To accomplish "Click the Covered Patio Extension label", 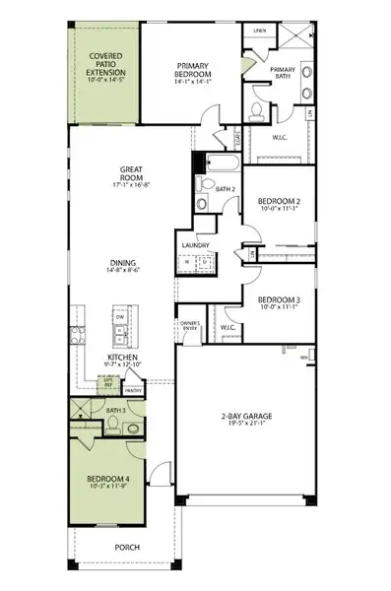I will click(105, 65).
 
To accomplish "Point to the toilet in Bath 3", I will click(114, 425).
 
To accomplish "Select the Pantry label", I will click(134, 391).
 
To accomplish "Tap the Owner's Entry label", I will click(190, 327).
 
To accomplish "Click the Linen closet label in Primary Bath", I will click(259, 31).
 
